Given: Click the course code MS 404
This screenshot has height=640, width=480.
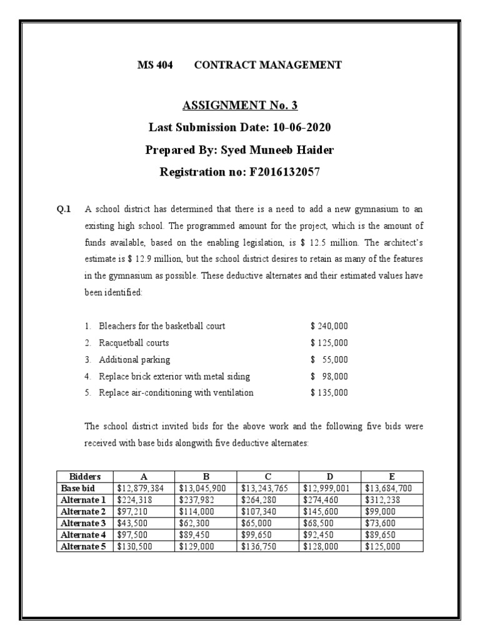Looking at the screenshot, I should tap(155, 65).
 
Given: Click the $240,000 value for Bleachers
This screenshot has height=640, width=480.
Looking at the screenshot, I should tap(329, 326).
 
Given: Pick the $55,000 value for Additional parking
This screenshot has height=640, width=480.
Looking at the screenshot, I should tap(329, 359).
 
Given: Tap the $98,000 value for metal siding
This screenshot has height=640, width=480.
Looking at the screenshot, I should tap(329, 376).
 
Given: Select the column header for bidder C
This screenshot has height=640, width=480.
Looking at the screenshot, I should tap(268, 476).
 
